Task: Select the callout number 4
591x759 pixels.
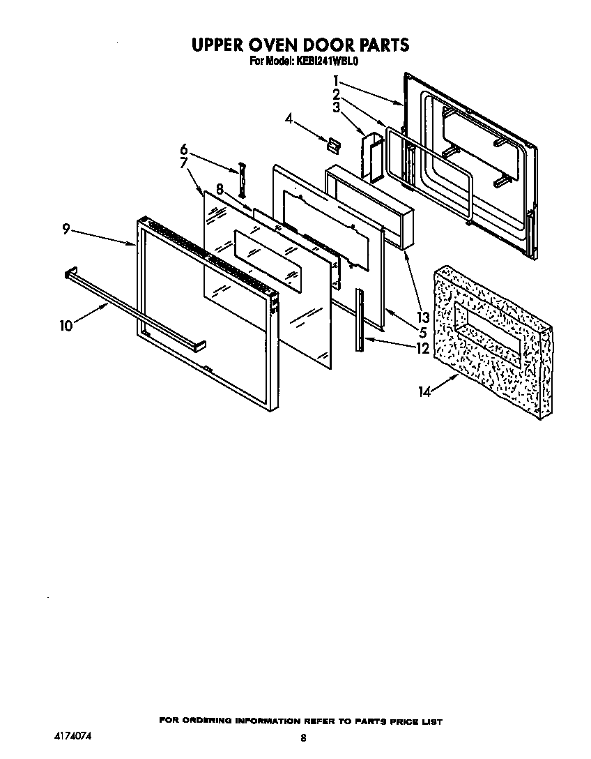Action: (289, 119)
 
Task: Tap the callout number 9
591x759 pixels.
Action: (66, 229)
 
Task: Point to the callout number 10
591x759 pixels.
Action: (67, 325)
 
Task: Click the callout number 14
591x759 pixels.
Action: (425, 392)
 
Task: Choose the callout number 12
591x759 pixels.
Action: (422, 348)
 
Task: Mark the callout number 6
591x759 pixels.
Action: (184, 149)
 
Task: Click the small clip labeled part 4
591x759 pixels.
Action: (334, 144)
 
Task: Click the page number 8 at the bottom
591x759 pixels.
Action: (302, 737)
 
